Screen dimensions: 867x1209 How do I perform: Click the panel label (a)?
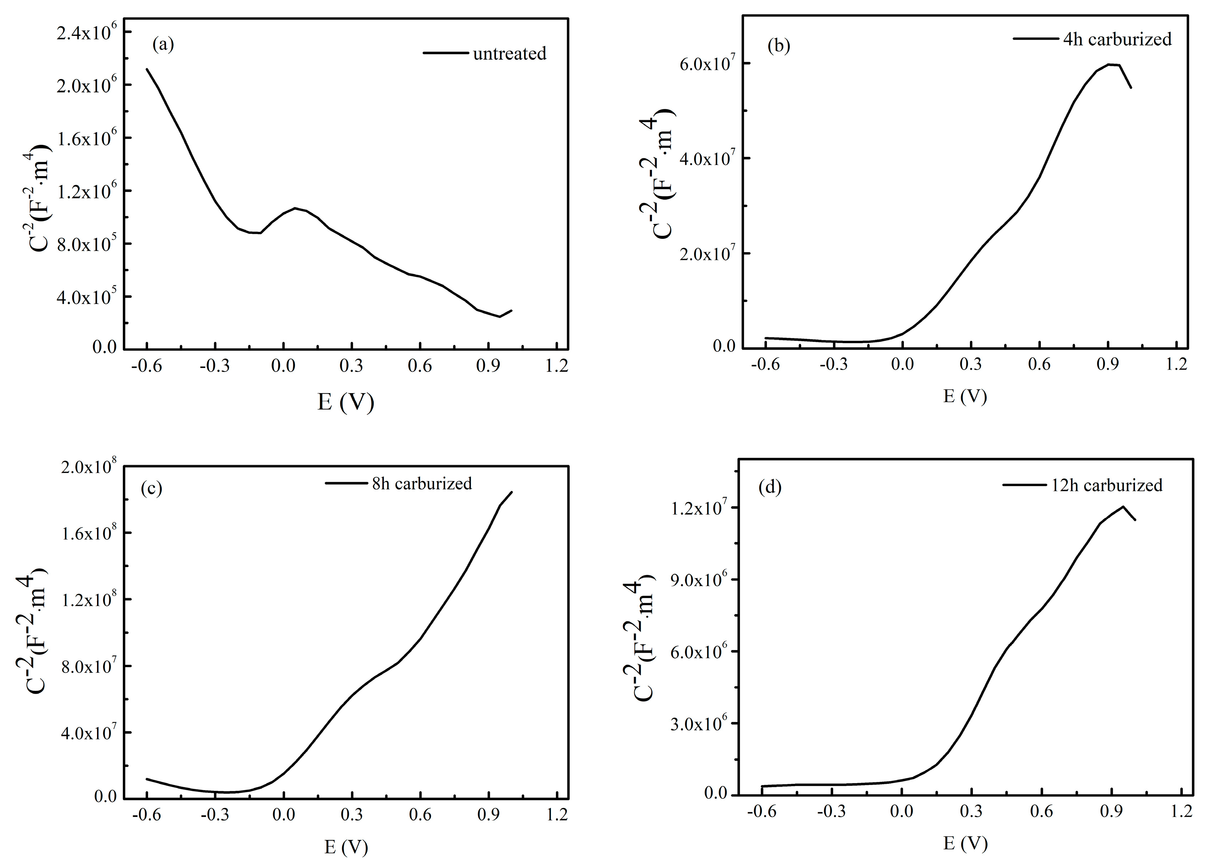[163, 44]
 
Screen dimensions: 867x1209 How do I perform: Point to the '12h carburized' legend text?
[1107, 485]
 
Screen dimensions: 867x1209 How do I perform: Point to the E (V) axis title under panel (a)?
[345, 402]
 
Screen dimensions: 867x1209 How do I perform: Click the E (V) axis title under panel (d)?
[965, 843]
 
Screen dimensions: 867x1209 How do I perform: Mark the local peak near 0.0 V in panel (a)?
[295, 208]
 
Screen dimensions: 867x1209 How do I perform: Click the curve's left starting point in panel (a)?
[147, 69]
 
